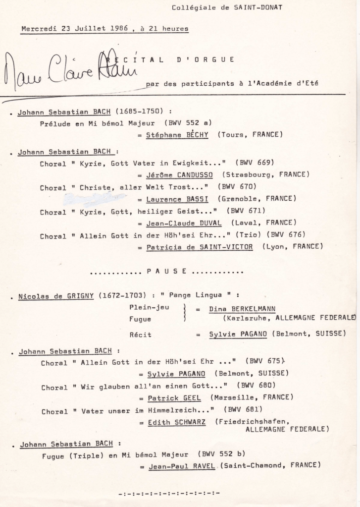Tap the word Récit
coord(141,334)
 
